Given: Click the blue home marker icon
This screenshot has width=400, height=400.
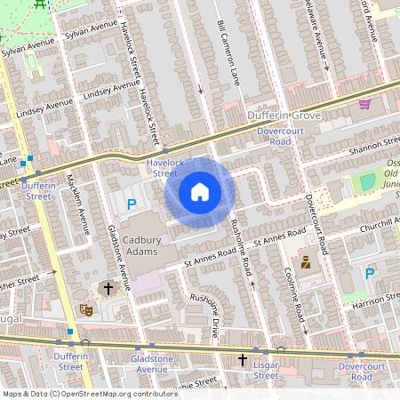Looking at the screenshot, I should point(200,192).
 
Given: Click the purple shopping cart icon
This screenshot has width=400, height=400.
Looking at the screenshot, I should point(364,104).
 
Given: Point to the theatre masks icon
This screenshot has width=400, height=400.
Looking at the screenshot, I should point(87,309).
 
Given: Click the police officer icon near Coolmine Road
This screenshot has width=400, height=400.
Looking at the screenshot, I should point(306,262).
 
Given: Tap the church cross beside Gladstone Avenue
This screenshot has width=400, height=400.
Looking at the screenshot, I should point(108,289).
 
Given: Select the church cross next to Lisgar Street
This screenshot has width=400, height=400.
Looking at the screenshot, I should point(242,360).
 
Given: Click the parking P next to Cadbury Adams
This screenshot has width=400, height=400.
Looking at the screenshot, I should point(132,205).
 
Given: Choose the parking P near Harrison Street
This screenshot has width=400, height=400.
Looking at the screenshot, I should point(370,274).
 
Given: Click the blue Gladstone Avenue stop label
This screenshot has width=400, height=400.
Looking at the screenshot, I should point(148,363).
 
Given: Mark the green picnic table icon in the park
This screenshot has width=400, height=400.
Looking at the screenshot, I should point(40,4).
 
